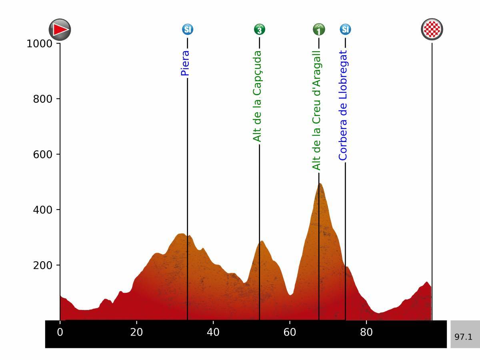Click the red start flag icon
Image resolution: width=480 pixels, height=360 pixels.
(x=60, y=30)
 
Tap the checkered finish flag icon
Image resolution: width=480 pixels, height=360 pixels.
(x=432, y=30)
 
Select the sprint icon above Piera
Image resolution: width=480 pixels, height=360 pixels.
(x=188, y=29)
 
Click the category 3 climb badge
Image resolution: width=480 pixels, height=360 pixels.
(x=259, y=29)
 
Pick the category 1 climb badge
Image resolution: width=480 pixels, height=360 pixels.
(x=319, y=29)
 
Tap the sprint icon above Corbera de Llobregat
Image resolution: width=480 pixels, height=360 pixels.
(x=346, y=29)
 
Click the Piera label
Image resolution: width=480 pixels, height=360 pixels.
(x=185, y=63)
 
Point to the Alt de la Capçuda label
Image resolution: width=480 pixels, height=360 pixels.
(x=257, y=96)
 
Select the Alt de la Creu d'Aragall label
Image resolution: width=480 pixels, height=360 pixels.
(x=316, y=110)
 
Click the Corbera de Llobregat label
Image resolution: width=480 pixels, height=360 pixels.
(x=343, y=105)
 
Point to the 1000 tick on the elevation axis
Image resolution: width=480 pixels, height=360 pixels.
(x=40, y=44)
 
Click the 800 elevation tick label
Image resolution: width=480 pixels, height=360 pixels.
(x=43, y=99)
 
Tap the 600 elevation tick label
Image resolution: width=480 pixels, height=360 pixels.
(x=43, y=154)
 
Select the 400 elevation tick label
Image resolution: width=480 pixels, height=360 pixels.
(x=43, y=210)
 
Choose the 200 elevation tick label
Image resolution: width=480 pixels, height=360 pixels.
(x=43, y=265)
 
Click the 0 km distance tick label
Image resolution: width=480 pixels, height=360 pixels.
(x=60, y=332)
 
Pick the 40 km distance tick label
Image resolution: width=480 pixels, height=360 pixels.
(x=213, y=332)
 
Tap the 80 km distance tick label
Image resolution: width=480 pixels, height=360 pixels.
(x=366, y=332)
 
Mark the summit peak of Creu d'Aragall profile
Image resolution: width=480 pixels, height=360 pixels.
(x=320, y=184)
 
